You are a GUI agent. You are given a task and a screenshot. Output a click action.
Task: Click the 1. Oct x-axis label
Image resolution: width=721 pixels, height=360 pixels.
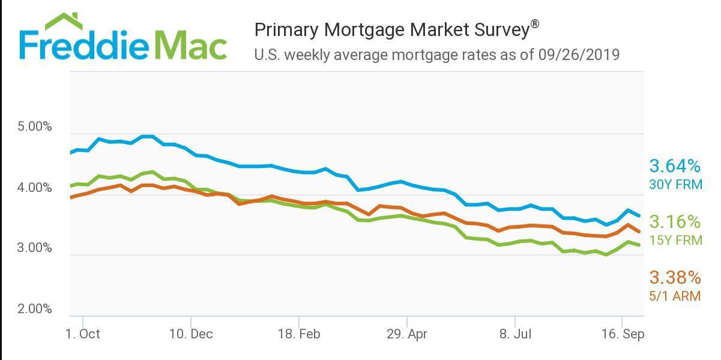pyautogui.click(x=82, y=334)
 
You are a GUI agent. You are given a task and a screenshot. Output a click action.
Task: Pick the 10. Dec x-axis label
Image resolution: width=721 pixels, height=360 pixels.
pyautogui.click(x=190, y=334)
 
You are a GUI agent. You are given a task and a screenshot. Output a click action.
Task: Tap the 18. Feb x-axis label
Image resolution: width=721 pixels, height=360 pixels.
pyautogui.click(x=298, y=334)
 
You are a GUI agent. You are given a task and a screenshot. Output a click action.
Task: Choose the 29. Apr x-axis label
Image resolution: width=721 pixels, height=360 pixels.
pyautogui.click(x=406, y=334)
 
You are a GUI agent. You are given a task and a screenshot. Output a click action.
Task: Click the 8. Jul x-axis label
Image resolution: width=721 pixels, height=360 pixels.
pyautogui.click(x=514, y=334)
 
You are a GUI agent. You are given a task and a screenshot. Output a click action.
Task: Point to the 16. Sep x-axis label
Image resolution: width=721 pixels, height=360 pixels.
pyautogui.click(x=623, y=334)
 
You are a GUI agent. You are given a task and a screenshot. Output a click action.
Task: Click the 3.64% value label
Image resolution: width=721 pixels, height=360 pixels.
pyautogui.click(x=675, y=166)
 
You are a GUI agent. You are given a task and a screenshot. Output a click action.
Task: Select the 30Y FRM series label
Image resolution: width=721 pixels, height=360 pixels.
pyautogui.click(x=675, y=185)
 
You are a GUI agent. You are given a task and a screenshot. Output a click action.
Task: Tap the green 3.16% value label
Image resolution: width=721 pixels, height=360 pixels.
pyautogui.click(x=675, y=222)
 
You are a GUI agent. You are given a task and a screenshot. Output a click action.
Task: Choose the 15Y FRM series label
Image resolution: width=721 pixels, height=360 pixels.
pyautogui.click(x=675, y=241)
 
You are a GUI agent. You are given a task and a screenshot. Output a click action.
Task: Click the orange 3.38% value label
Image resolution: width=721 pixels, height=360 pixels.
pyautogui.click(x=675, y=277)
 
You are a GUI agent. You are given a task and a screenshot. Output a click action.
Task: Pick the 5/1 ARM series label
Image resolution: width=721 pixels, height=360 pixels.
pyautogui.click(x=675, y=296)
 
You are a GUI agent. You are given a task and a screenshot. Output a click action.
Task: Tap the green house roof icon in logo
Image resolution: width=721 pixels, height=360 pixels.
pyautogui.click(x=65, y=21)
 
